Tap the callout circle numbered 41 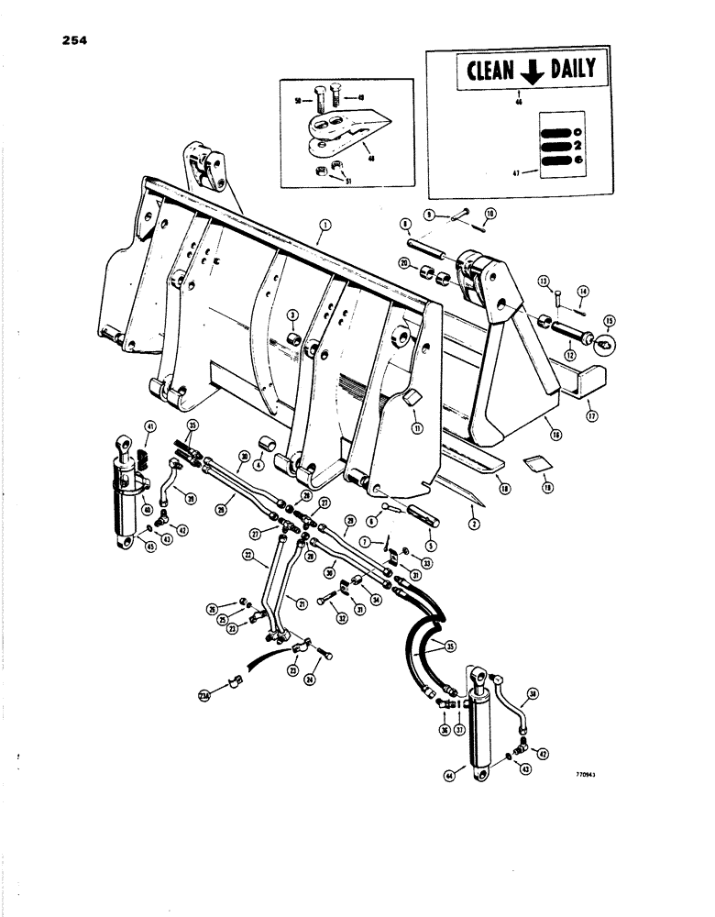(x=148, y=425)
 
